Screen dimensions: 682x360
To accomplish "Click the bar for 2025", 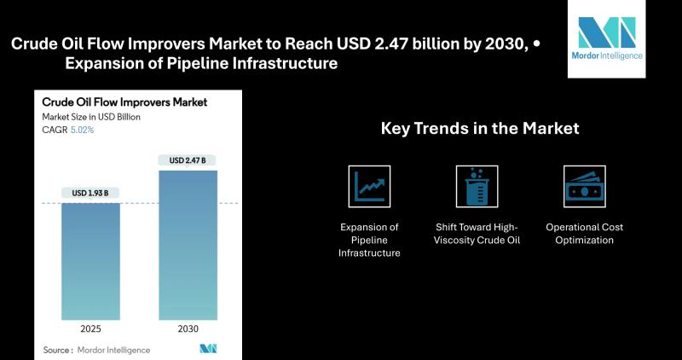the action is click(90, 261).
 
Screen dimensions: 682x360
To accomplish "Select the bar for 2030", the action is click(188, 245).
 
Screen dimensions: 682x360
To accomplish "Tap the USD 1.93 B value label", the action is click(90, 193).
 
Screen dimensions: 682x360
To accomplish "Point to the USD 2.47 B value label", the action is click(188, 160).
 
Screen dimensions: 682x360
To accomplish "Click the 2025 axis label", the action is click(90, 329).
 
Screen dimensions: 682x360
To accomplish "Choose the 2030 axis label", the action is click(188, 329).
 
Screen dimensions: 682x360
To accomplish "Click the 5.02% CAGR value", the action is click(82, 130).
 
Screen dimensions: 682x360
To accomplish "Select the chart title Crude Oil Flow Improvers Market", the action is click(124, 102).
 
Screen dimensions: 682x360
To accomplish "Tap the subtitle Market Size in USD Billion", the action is click(91, 117).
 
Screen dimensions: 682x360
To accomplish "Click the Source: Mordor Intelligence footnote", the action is click(96, 350).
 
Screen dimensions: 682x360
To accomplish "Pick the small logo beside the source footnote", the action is click(208, 349).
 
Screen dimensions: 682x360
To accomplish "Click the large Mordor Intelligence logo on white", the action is click(607, 38).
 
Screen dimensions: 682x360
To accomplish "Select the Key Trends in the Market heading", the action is click(480, 129).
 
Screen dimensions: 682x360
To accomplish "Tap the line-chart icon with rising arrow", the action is click(369, 186).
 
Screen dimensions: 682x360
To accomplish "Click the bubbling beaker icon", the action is click(477, 186).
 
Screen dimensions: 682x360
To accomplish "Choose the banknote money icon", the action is click(585, 186).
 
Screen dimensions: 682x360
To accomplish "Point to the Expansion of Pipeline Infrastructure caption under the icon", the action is click(369, 240).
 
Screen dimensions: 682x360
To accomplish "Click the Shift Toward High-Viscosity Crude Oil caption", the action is click(477, 234).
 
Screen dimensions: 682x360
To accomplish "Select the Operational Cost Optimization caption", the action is click(585, 234).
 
